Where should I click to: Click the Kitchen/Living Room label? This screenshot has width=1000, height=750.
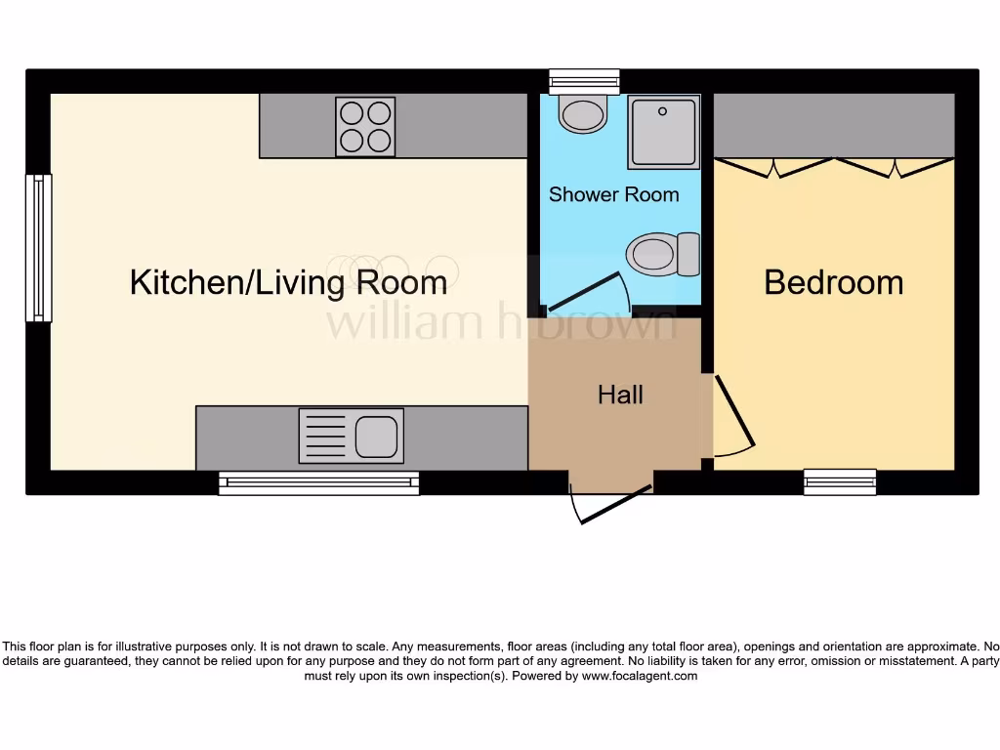288,283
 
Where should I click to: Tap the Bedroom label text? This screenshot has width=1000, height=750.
833,283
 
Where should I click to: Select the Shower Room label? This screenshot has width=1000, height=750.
613,194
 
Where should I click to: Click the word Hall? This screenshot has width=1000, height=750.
620,395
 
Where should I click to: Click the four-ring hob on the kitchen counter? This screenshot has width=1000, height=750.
365,126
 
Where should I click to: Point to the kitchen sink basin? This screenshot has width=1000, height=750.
377,437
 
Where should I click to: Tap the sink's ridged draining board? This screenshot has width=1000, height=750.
324,437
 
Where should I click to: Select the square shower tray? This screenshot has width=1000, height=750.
664,132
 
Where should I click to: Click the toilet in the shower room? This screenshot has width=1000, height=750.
663,255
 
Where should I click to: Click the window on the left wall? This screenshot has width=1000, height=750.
39,248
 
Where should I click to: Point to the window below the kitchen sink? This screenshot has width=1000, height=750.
318,482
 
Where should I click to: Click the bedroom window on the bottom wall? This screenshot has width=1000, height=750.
840,481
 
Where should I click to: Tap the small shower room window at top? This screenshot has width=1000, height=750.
584,81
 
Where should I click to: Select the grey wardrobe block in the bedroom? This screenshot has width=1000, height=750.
834,124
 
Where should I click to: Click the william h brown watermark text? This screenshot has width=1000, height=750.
501,323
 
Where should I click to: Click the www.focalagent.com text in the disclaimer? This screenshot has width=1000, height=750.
639,676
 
